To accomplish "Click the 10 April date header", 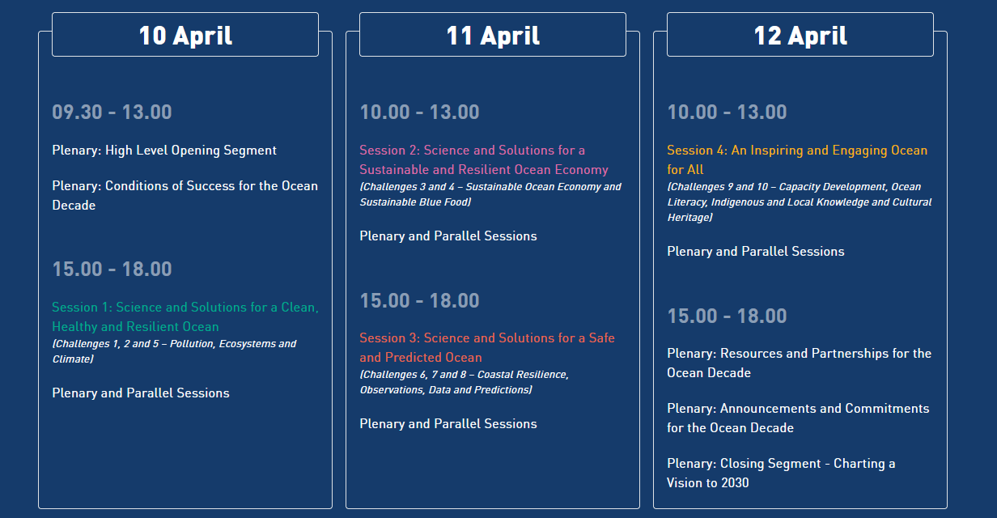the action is pyautogui.click(x=185, y=35).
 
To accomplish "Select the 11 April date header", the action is pyautogui.click(x=493, y=35).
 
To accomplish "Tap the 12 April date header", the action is pyautogui.click(x=800, y=35).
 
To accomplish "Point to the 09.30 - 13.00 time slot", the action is pyautogui.click(x=112, y=112).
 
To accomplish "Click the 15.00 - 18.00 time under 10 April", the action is pyautogui.click(x=112, y=269).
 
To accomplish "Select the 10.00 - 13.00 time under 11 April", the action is pyautogui.click(x=419, y=112).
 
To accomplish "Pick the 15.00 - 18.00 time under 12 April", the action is pyautogui.click(x=727, y=316).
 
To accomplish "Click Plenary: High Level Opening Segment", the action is pyautogui.click(x=164, y=151).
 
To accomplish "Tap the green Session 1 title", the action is pyautogui.click(x=185, y=316).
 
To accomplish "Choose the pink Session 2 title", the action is pyautogui.click(x=484, y=159).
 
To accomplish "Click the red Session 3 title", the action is pyautogui.click(x=487, y=347).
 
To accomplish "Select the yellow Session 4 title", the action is pyautogui.click(x=797, y=159).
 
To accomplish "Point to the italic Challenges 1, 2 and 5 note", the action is pyautogui.click(x=174, y=351).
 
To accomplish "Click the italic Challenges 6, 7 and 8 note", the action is pyautogui.click(x=465, y=382).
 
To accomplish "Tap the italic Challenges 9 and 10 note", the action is pyautogui.click(x=800, y=202).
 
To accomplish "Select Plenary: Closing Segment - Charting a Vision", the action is pyautogui.click(x=781, y=473).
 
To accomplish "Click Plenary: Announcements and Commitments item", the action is pyautogui.click(x=798, y=418).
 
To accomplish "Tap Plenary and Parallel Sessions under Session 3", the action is pyautogui.click(x=448, y=423).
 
